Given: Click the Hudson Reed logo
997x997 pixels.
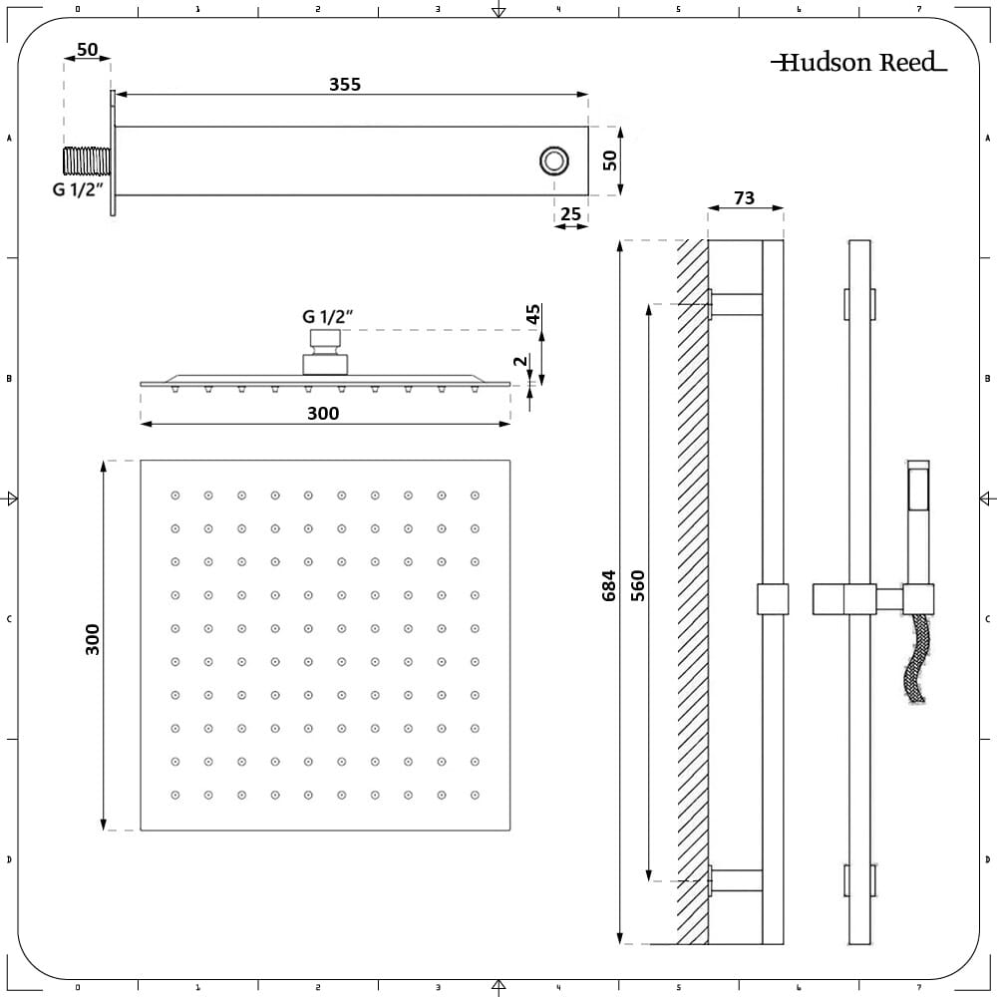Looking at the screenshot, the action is (858, 62).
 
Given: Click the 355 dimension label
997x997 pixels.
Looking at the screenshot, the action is (345, 85).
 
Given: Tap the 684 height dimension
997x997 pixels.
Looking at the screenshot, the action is (608, 585).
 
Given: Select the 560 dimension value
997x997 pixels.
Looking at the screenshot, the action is (638, 585).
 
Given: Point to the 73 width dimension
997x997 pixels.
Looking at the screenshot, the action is (744, 198).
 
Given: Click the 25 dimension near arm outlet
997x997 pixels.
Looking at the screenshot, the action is (570, 213).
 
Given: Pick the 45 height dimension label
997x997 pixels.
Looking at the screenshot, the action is (532, 314).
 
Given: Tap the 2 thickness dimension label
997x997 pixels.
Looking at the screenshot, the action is (520, 361).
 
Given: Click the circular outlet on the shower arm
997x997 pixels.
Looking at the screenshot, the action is (554, 161).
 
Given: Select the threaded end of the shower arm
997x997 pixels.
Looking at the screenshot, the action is (87, 161).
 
